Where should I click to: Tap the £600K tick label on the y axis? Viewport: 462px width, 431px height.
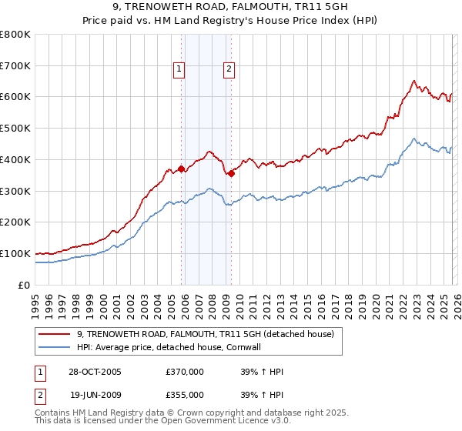click(x=15, y=97)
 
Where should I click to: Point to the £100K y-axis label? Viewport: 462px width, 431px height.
click(x=15, y=253)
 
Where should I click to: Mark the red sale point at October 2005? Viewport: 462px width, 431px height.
click(x=182, y=169)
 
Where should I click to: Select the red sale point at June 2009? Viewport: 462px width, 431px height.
click(x=231, y=173)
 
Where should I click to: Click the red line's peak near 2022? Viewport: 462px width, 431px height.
click(x=414, y=80)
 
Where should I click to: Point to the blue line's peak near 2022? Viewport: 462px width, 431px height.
click(x=414, y=139)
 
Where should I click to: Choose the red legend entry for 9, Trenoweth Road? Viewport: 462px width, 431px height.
click(x=205, y=334)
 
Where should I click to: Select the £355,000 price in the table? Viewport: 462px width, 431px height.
click(x=185, y=395)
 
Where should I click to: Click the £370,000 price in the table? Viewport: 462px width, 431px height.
click(x=185, y=372)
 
